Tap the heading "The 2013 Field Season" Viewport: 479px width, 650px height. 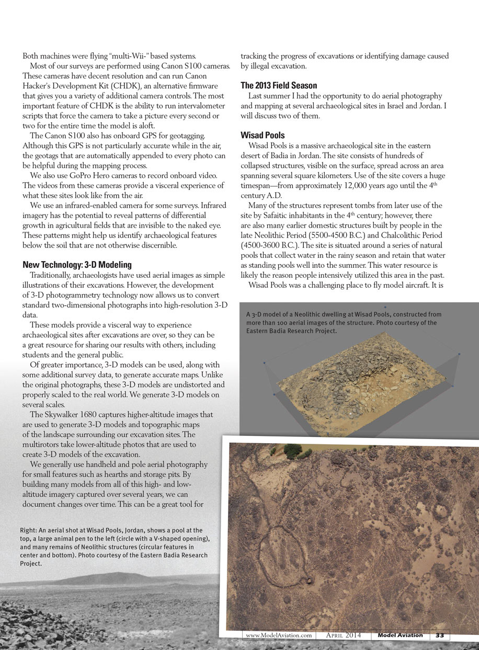coord(279,85)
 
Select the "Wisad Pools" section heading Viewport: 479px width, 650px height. coord(263,135)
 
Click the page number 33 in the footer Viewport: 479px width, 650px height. coord(440,635)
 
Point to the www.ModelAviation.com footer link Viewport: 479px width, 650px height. coord(279,635)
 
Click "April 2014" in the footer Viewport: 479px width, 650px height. coord(343,635)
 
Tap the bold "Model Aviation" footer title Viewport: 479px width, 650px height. coord(401,635)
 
